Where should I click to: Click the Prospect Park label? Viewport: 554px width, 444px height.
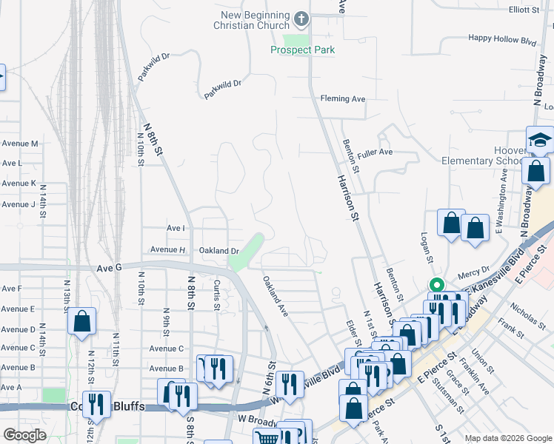coord(302,50)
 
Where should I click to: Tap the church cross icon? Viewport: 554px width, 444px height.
coord(301,17)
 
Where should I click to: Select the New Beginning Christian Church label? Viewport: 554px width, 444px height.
coord(256,21)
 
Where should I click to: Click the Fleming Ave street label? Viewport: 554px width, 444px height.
coord(343,98)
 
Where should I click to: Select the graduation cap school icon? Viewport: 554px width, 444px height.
coord(540,140)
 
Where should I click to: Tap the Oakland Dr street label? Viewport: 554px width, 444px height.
coord(218,251)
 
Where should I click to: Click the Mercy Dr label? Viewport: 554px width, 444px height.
coord(475,271)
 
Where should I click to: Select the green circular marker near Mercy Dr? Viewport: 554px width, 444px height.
coord(437,285)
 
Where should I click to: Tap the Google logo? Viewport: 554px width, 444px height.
coord(24,435)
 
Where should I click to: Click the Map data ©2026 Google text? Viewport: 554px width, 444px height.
coord(507,438)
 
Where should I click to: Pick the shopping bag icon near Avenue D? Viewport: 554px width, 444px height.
coord(81,321)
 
